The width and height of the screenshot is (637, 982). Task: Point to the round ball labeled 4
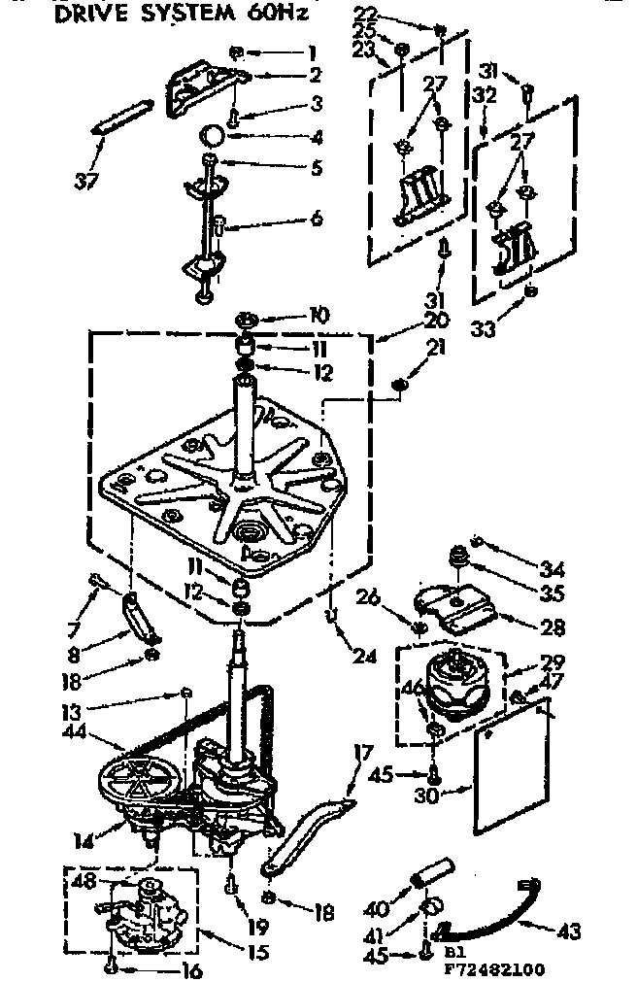click(x=214, y=135)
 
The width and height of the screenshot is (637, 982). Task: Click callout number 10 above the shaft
click(x=318, y=315)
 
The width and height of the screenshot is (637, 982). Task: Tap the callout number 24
click(x=365, y=656)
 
